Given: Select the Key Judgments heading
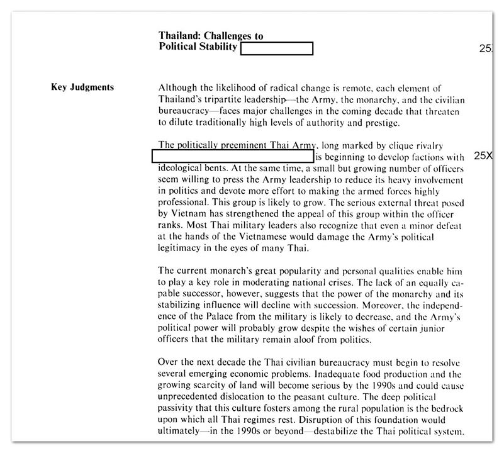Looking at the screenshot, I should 82,87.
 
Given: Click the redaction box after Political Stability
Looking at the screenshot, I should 276,48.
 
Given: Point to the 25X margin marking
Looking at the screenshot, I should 484,155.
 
